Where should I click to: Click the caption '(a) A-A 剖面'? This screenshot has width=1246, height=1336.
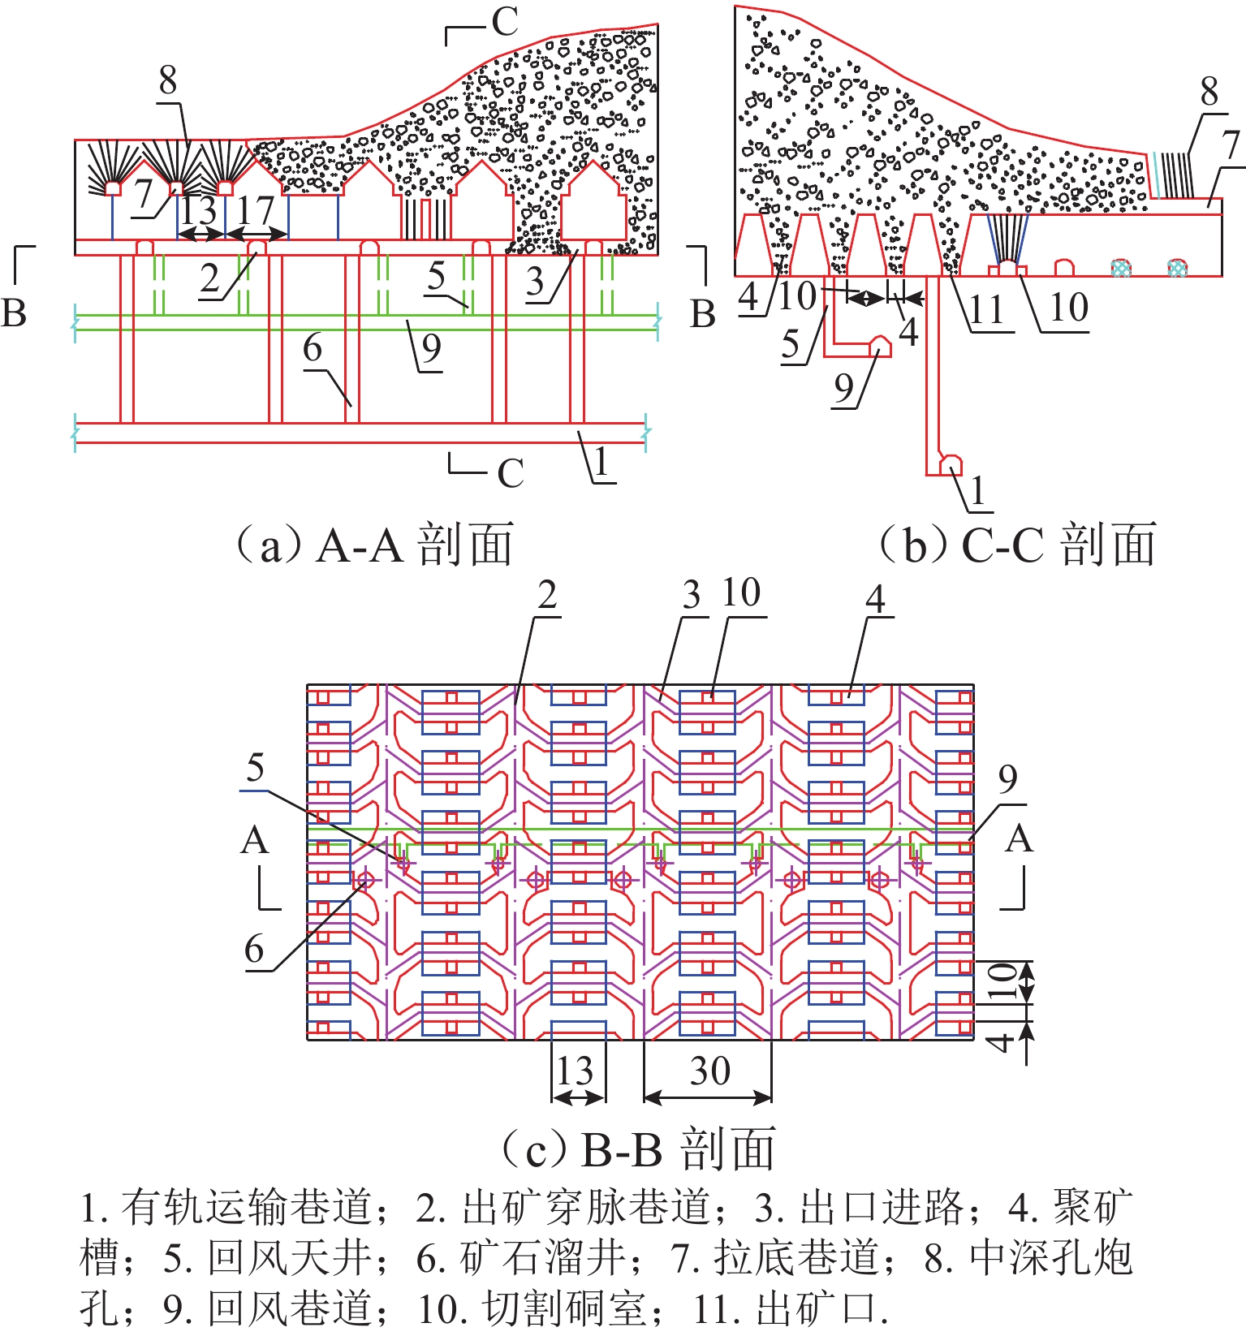pos(374,545)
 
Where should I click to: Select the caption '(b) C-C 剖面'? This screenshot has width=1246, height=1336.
pos(1018,545)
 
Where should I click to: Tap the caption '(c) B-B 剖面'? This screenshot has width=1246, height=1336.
pos(638,1149)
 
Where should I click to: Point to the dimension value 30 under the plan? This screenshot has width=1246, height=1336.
pos(709,1071)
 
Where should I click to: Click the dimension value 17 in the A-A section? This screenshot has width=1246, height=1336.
pos(256,210)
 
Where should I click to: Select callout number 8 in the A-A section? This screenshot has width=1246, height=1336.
pos(167,81)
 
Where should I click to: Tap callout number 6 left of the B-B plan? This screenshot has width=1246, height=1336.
pos(255,948)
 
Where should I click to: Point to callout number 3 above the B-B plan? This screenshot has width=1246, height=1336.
pos(691,597)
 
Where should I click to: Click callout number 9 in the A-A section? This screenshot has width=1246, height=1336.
pos(431,349)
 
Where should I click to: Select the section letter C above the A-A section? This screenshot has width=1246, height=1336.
pos(505,23)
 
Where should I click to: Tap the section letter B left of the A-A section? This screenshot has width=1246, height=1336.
pos(14,313)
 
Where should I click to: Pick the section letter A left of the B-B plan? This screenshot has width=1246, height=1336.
pos(254,841)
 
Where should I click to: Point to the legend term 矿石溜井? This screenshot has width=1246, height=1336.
pos(543,1258)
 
